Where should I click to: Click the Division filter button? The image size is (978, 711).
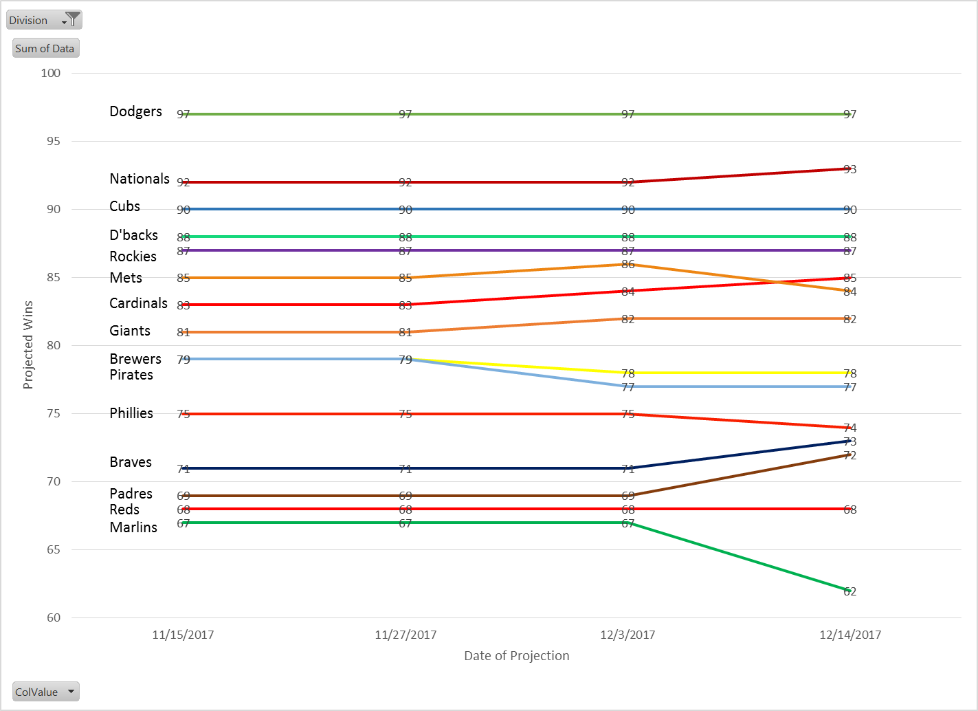(x=44, y=20)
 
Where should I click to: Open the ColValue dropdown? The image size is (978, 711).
(x=45, y=692)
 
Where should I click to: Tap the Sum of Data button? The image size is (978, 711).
(x=45, y=48)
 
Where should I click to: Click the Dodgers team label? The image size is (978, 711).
(x=135, y=111)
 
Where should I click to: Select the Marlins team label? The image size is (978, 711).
(x=133, y=527)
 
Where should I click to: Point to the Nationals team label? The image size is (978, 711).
(x=140, y=179)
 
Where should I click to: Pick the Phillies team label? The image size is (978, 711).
(x=131, y=413)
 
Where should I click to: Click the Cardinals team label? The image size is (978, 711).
(x=138, y=303)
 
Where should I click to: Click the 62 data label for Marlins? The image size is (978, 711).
(x=850, y=591)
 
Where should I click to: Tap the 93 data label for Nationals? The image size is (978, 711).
(x=850, y=169)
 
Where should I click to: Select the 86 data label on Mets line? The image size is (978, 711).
(x=628, y=265)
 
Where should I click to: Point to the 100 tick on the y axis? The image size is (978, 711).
(x=51, y=73)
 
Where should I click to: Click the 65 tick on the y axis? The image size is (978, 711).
(x=54, y=549)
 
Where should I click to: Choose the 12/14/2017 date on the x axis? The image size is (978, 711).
(x=850, y=635)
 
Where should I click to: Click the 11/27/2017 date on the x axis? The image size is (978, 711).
(x=405, y=635)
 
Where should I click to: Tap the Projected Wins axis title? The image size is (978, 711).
(x=28, y=345)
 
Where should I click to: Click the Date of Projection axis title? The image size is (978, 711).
(x=517, y=656)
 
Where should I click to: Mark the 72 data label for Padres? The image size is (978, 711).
(x=850, y=455)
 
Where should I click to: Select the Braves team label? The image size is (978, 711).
(x=131, y=462)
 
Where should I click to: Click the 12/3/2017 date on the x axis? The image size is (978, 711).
(x=627, y=635)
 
